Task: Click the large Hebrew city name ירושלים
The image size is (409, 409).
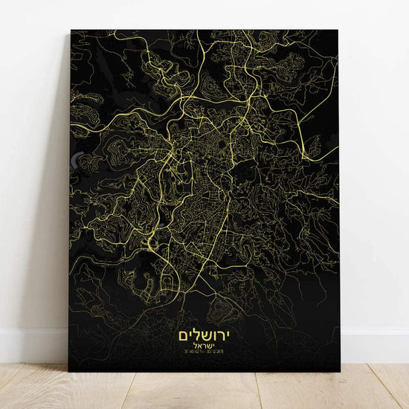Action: point(204,329)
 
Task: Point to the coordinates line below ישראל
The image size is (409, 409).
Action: point(204,348)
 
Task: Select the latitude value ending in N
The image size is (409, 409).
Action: point(191,348)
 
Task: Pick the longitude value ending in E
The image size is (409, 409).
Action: point(217,348)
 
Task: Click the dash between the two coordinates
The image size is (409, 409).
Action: point(204,348)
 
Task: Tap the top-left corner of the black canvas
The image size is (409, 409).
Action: point(71,30)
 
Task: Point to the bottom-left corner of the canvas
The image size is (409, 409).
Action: point(69,371)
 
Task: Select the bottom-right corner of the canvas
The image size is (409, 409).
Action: point(340,371)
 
